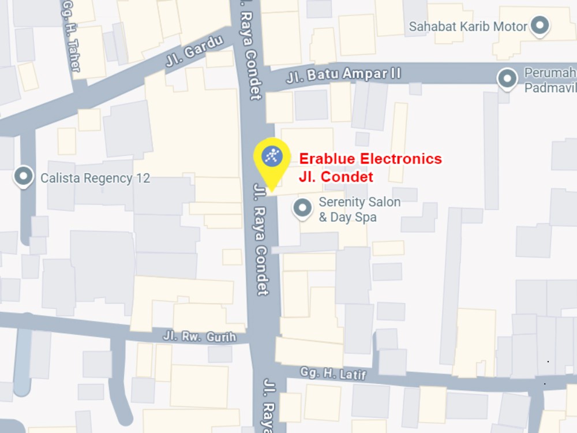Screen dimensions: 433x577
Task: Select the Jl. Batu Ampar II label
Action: click(343, 74)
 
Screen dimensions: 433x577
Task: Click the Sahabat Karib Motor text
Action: click(468, 27)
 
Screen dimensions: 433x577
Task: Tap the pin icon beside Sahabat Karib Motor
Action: click(540, 25)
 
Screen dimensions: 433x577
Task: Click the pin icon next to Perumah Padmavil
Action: click(508, 79)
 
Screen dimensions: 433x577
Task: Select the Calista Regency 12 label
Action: click(95, 178)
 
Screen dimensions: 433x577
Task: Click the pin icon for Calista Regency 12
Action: click(24, 176)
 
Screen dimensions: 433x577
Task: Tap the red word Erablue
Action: click(327, 159)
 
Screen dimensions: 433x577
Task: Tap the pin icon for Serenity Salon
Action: click(302, 208)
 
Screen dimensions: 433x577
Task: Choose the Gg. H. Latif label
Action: click(333, 373)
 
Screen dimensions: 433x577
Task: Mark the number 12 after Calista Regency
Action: click(143, 178)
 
